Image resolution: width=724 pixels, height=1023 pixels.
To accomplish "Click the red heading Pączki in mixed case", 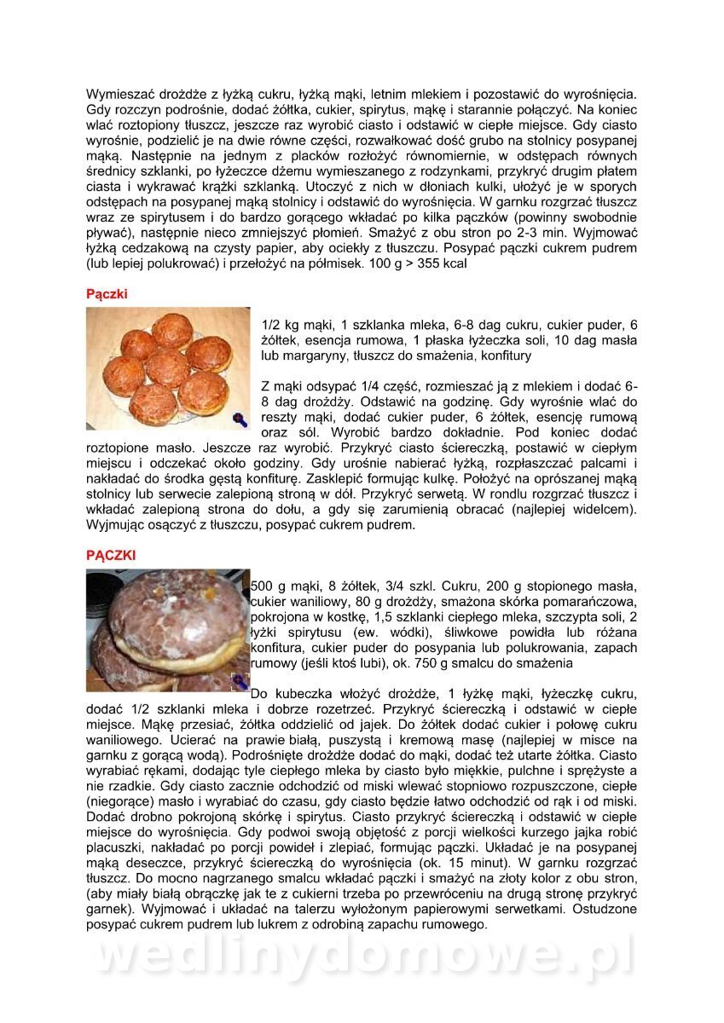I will pyautogui.click(x=106, y=294).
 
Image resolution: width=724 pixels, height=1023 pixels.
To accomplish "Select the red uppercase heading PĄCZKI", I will pyautogui.click(x=111, y=555).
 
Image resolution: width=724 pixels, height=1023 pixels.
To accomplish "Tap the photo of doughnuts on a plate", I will pyautogui.click(x=168, y=367).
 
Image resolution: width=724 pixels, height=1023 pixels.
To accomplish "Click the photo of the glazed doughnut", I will pyautogui.click(x=168, y=629).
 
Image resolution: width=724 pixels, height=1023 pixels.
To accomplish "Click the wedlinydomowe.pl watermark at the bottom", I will pyautogui.click(x=362, y=956).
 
